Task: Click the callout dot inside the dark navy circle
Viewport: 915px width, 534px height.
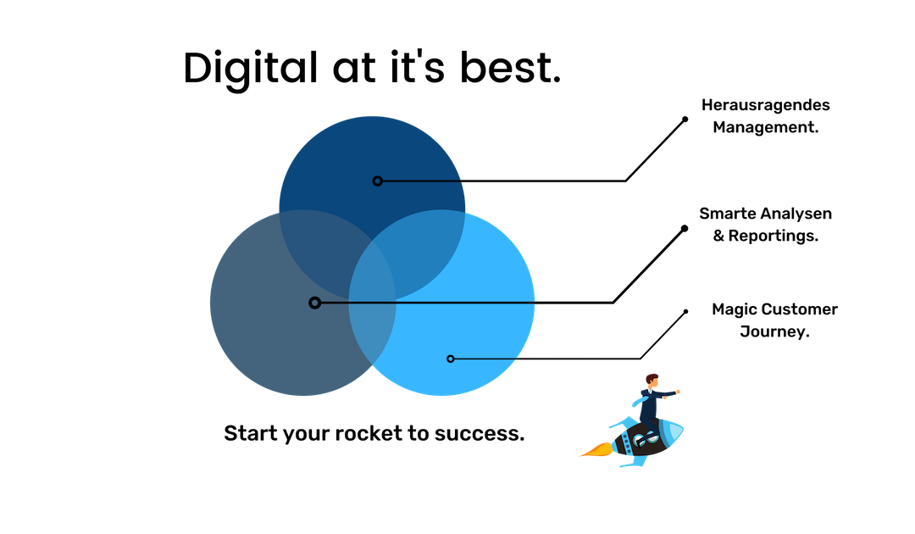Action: click(x=377, y=181)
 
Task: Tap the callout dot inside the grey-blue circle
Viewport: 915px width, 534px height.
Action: click(x=314, y=303)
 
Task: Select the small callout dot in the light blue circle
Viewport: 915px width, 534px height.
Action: click(x=450, y=359)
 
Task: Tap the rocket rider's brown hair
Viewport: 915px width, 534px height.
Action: click(x=652, y=377)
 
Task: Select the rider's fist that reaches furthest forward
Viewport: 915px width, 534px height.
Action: click(x=679, y=392)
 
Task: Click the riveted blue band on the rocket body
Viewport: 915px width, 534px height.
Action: click(x=627, y=442)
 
